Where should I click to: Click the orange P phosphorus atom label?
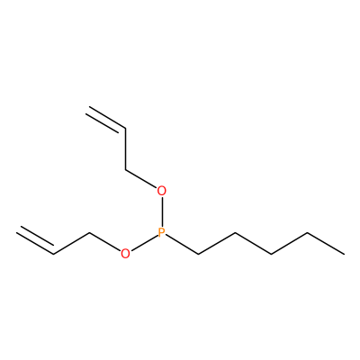click(162, 233)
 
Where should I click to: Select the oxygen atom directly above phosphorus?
click(162, 191)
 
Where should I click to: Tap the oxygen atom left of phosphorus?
click(125, 254)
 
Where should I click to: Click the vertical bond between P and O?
click(162, 211)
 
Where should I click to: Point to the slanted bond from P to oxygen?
click(144, 243)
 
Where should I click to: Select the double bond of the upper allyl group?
click(105, 119)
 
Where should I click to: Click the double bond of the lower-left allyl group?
click(36, 240)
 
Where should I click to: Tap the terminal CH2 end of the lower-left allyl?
click(18, 229)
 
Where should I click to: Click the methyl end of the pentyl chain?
click(344, 254)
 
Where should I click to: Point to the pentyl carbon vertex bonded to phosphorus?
click(198, 255)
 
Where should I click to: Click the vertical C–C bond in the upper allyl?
click(125, 149)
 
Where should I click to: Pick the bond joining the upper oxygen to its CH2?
click(141, 179)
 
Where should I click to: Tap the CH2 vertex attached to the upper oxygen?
click(125, 170)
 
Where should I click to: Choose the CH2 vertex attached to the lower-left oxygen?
click(89, 233)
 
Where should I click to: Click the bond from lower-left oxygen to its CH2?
click(104, 242)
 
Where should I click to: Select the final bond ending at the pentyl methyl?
click(326, 244)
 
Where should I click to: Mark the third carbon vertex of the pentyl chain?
click(271, 255)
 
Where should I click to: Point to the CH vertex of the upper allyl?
click(125, 129)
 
